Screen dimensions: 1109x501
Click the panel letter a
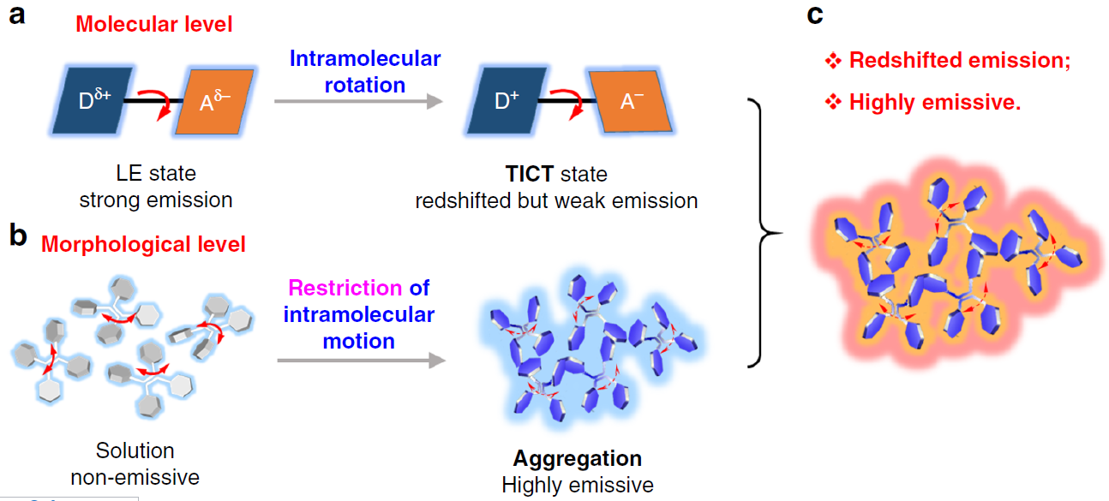(x=17, y=15)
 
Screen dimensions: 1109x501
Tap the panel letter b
(x=18, y=235)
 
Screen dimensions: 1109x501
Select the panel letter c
(x=815, y=15)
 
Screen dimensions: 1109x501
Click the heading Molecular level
(x=154, y=24)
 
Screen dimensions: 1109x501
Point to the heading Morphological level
(x=143, y=244)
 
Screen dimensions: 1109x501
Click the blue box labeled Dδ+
(x=93, y=101)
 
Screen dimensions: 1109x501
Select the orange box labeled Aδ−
(x=215, y=102)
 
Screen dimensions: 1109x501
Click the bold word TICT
(x=530, y=174)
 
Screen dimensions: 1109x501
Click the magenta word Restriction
(x=345, y=288)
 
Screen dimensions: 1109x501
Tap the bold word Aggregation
(x=578, y=458)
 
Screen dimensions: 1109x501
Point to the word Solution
(x=135, y=450)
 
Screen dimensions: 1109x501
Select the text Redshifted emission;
(x=960, y=60)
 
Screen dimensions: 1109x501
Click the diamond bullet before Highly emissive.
(x=833, y=103)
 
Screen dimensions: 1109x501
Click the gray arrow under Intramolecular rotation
(x=358, y=101)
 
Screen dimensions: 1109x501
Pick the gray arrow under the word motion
(x=362, y=361)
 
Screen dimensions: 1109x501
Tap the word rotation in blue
(x=365, y=85)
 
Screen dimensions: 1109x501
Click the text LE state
(x=156, y=174)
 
